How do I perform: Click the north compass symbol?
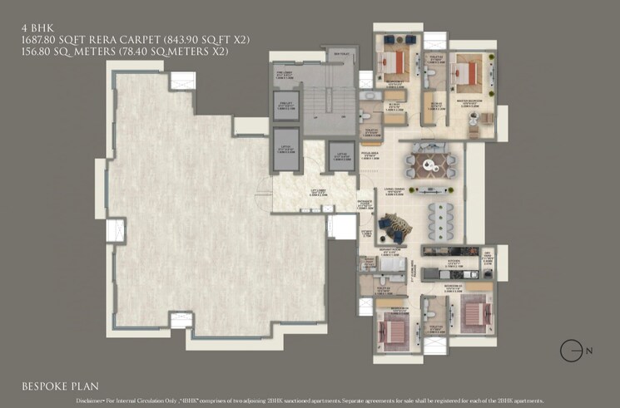(570, 350)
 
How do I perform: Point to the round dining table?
(430, 162)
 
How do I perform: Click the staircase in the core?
(320, 108)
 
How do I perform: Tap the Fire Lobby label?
(283, 74)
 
